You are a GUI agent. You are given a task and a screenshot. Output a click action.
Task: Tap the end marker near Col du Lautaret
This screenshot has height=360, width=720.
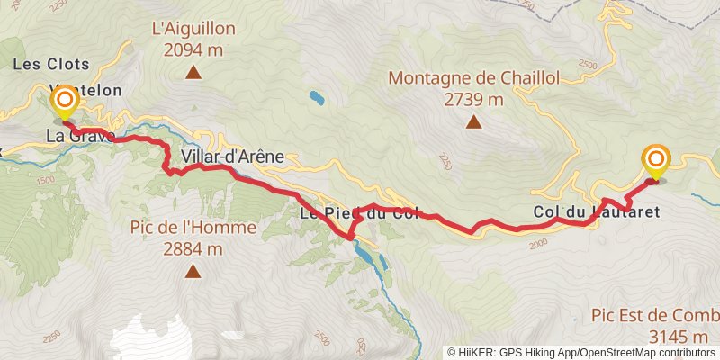tap(656, 162)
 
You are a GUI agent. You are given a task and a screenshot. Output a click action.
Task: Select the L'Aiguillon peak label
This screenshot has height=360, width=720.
tap(193, 29)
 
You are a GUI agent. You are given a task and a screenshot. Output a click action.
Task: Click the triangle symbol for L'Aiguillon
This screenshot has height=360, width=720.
tap(193, 73)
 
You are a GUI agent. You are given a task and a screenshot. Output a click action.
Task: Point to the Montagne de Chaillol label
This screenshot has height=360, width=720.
tap(473, 78)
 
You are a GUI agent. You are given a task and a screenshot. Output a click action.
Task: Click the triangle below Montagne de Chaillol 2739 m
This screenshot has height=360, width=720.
tap(473, 122)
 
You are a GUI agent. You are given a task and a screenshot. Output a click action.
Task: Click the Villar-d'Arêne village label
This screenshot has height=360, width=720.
tap(232, 157)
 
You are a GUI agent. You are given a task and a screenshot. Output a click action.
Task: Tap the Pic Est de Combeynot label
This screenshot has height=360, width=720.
tap(655, 316)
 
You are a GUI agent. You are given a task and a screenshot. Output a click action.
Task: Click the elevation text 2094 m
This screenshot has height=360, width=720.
tap(193, 50)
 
